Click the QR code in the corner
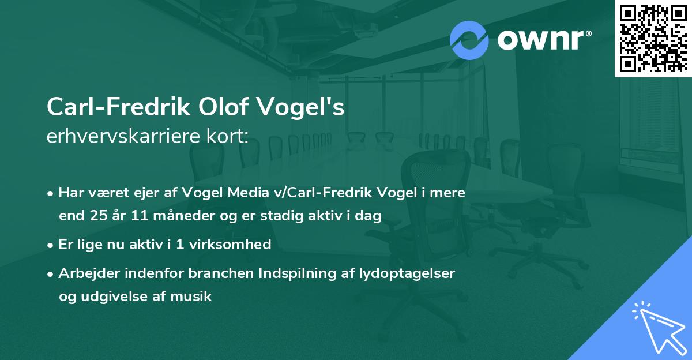click(x=653, y=38)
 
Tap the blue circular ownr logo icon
click(x=469, y=40)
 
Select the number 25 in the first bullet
click(x=96, y=215)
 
